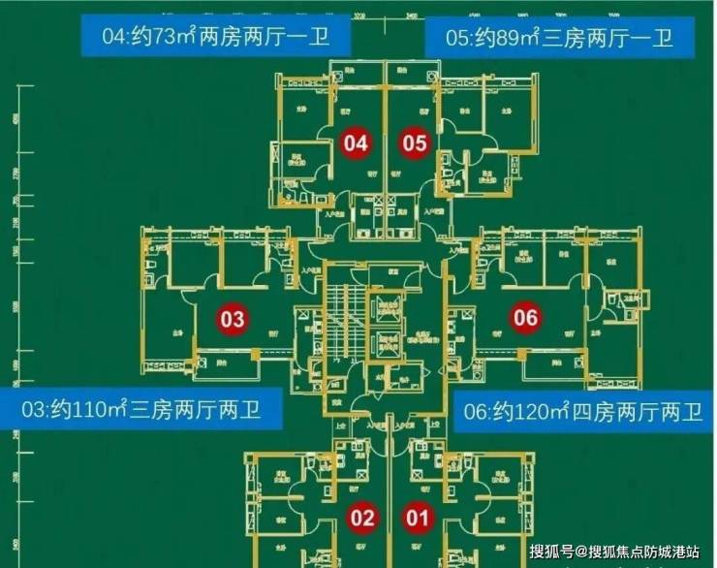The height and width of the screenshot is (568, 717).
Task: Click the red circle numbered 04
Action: [357, 144]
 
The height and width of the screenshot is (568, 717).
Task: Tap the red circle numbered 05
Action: [415, 144]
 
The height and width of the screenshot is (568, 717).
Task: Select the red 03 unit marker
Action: [234, 318]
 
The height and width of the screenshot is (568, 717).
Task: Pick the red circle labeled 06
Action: [525, 318]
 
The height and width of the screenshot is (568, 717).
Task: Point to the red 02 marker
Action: [362, 518]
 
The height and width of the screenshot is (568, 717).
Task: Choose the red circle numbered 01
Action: [418, 518]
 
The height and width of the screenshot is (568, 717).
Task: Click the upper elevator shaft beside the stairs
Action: [389, 309]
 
